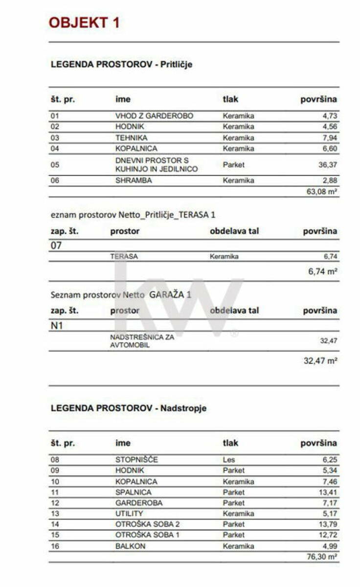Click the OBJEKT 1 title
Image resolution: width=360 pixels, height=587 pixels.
(x=84, y=23)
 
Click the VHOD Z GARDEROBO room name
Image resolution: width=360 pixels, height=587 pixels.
(x=154, y=116)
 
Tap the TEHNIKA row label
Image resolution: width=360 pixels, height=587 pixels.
(x=131, y=138)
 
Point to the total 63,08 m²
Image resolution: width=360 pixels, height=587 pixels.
(x=322, y=192)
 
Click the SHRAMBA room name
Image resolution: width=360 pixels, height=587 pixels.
(x=134, y=181)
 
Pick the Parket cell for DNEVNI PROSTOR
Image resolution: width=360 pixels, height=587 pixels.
(x=233, y=165)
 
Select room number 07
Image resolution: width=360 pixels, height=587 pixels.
(x=56, y=246)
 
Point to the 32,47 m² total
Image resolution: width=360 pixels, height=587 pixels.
(x=320, y=361)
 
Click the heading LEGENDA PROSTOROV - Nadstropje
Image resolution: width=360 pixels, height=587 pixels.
(x=129, y=408)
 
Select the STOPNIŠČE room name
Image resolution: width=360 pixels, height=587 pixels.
(x=137, y=460)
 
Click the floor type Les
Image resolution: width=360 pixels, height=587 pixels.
(x=228, y=460)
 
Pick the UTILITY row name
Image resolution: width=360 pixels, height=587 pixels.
(x=129, y=514)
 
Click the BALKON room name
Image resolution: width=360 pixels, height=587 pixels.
(x=130, y=546)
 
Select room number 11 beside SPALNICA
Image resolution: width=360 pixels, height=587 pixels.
(x=55, y=492)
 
